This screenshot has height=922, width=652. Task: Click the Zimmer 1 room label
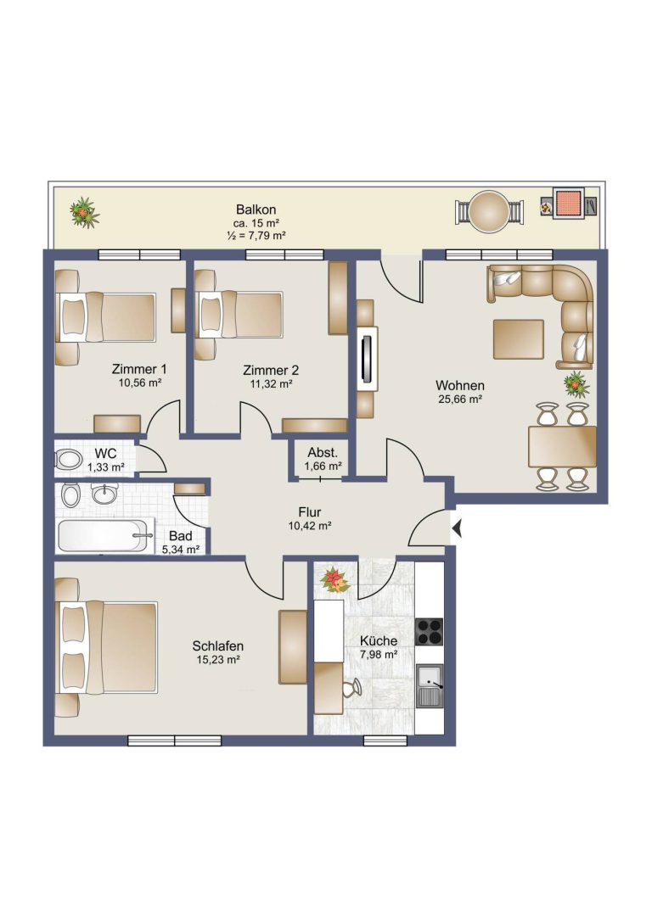(139, 369)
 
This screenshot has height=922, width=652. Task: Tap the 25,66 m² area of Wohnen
(459, 400)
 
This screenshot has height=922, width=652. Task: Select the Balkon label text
(256, 210)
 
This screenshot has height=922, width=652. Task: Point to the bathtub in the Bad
(103, 535)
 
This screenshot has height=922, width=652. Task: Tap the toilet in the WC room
(68, 459)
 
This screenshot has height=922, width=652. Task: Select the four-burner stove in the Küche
(429, 632)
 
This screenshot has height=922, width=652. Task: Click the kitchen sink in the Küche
(430, 686)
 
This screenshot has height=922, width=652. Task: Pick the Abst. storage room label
(323, 453)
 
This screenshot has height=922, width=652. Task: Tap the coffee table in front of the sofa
(519, 338)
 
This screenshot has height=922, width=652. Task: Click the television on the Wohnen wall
(368, 359)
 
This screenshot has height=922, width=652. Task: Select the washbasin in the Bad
(104, 494)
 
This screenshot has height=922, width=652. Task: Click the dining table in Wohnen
(562, 446)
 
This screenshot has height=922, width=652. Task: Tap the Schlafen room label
(217, 645)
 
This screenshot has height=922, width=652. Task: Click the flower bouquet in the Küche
(335, 580)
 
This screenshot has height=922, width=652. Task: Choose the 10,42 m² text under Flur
(310, 526)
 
